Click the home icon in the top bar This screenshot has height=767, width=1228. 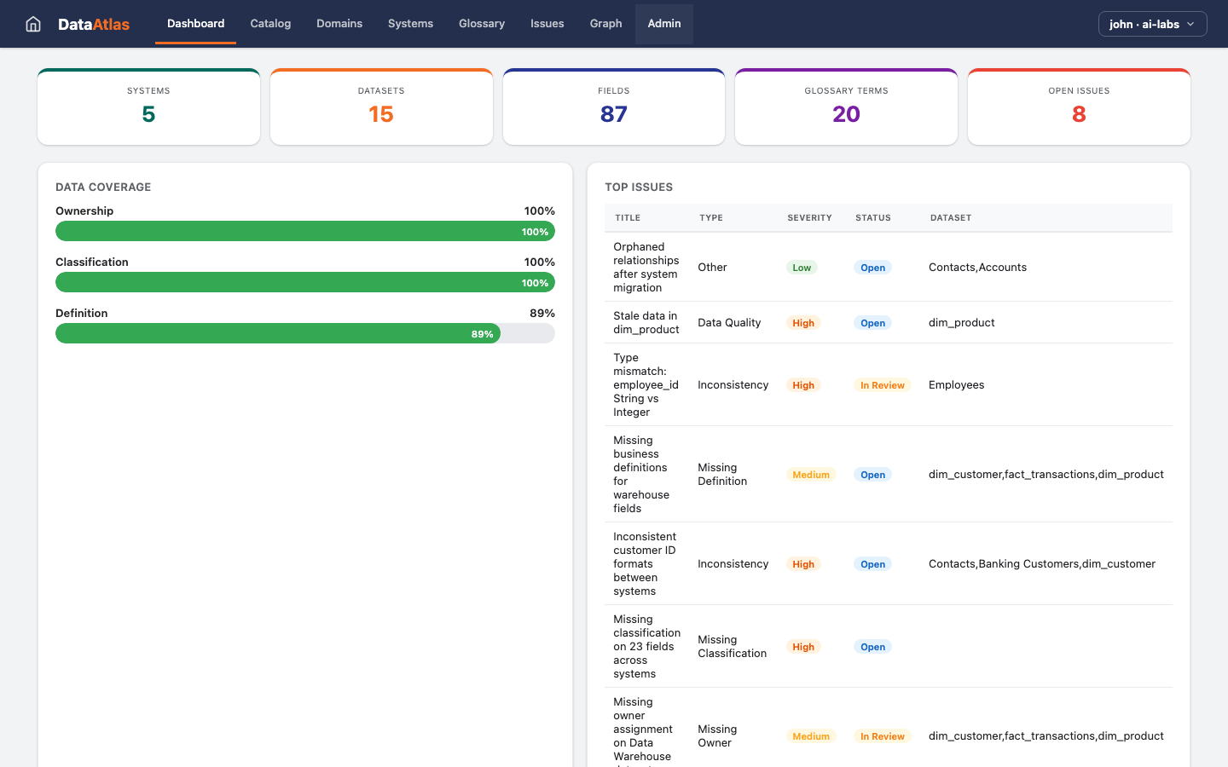pyautogui.click(x=33, y=24)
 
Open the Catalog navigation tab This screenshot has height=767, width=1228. pyautogui.click(x=270, y=24)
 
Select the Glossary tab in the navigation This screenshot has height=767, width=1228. pyautogui.click(x=481, y=24)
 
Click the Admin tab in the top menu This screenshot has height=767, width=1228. pyautogui.click(x=663, y=24)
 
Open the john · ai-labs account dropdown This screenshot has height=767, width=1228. pyautogui.click(x=1152, y=24)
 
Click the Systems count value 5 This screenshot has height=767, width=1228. pyautogui.click(x=148, y=114)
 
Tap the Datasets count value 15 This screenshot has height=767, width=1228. pyautogui.click(x=381, y=114)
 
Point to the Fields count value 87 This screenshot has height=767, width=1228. pyautogui.click(x=613, y=114)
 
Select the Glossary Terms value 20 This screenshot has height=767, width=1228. pyautogui.click(x=846, y=114)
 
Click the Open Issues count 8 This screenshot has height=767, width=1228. pyautogui.click(x=1079, y=114)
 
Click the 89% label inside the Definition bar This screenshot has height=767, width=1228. pyautogui.click(x=482, y=334)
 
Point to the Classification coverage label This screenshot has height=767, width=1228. pyautogui.click(x=92, y=262)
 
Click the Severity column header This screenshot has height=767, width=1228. pyautogui.click(x=809, y=218)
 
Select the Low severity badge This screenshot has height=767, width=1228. pyautogui.click(x=802, y=268)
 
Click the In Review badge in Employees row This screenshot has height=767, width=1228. pyautogui.click(x=882, y=385)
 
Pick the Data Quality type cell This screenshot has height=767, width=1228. pyautogui.click(x=729, y=323)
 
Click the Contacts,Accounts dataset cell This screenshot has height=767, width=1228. pyautogui.click(x=977, y=268)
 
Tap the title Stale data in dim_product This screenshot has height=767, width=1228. pyautogui.click(x=646, y=323)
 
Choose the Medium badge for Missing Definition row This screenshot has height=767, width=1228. pyautogui.click(x=810, y=475)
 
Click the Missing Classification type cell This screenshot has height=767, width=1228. pyautogui.click(x=732, y=647)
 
